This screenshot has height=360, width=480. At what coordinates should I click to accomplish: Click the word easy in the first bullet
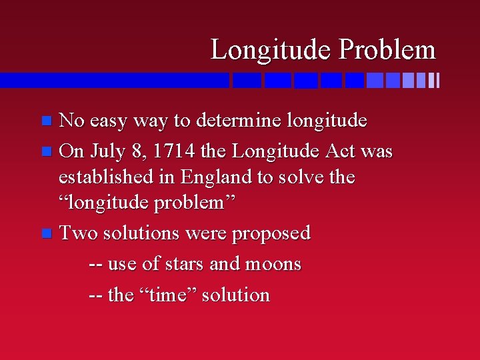[110, 121]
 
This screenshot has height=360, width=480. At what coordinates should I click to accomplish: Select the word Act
[340, 151]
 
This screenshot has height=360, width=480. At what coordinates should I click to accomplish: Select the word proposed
[274, 234]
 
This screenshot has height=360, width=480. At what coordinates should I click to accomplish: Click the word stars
[183, 264]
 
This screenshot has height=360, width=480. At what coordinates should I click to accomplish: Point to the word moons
[273, 264]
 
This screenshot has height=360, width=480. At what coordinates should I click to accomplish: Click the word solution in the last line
[236, 295]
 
